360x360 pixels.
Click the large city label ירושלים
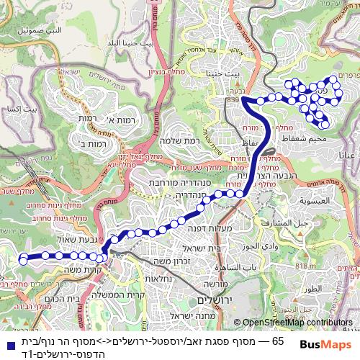210,299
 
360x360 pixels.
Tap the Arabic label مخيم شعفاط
312,129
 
